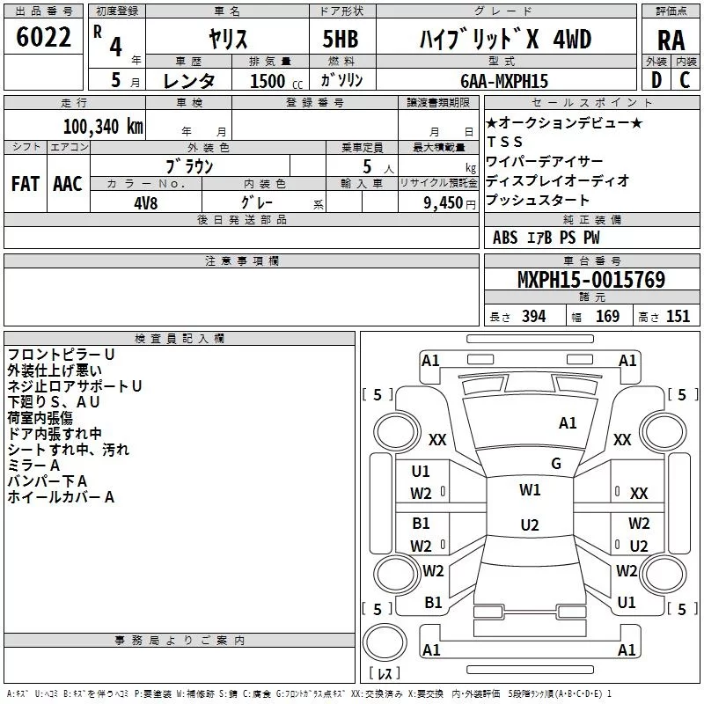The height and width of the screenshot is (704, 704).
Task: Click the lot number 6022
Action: (44, 40)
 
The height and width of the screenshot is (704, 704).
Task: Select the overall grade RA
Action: (671, 40)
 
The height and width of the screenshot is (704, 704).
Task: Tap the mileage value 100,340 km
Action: (103, 126)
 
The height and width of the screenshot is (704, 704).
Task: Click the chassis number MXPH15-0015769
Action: (590, 281)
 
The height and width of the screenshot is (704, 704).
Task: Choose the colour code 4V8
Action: (145, 201)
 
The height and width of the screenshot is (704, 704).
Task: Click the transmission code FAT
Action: (26, 184)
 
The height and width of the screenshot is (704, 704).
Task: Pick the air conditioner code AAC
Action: (68, 184)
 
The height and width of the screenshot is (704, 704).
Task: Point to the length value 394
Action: (532, 316)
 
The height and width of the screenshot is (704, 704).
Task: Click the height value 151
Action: (677, 316)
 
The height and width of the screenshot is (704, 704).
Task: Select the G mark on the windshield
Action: (555, 464)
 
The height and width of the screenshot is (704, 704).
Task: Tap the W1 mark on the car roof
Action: (530, 490)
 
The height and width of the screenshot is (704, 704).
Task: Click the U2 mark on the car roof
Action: (529, 525)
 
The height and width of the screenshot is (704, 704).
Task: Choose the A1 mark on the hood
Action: (568, 423)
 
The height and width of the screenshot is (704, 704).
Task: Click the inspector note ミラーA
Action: (33, 465)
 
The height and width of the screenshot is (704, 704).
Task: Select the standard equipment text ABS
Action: (505, 238)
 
